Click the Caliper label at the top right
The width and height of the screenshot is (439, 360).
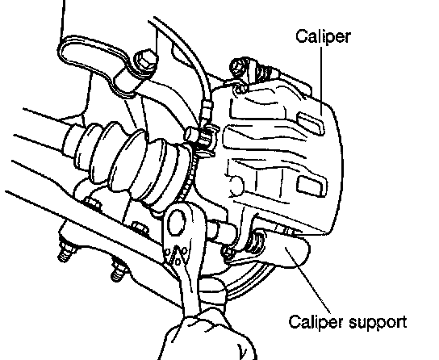[x=323, y=36]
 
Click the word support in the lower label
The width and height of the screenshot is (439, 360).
[x=378, y=323]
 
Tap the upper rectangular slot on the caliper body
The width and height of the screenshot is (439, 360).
[x=310, y=122]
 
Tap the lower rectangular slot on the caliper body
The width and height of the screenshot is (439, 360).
[x=311, y=186]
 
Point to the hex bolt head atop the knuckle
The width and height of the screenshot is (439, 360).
[x=145, y=61]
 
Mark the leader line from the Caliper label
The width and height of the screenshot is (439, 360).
[x=321, y=82]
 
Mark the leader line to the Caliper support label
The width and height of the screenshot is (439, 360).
[x=308, y=280]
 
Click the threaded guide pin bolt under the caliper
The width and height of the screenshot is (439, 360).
[x=256, y=241]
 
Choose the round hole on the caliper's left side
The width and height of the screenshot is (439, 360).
[x=236, y=185]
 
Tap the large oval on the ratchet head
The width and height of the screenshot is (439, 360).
[x=177, y=224]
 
